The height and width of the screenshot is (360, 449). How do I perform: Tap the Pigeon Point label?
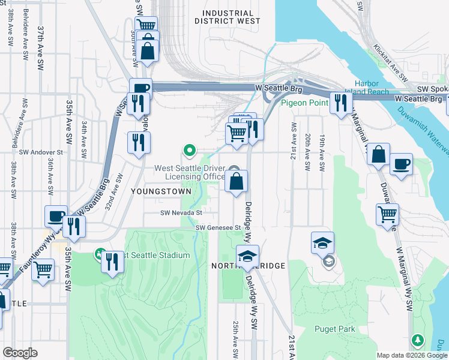[304, 103]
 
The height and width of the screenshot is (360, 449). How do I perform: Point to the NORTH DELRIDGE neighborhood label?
[247, 265]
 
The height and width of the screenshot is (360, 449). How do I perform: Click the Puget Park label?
[334, 329]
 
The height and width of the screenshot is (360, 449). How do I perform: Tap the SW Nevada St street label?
[181, 212]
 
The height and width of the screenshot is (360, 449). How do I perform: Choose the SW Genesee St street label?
[218, 228]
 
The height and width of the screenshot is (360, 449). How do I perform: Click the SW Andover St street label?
[41, 152]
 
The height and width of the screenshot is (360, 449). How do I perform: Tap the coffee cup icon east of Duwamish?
[401, 164]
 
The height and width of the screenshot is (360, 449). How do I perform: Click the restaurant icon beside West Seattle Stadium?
[112, 262]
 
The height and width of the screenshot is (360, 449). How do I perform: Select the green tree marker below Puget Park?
[418, 341]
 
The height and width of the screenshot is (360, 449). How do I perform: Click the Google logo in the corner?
[20, 353]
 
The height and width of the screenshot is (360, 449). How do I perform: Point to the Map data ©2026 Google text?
[411, 355]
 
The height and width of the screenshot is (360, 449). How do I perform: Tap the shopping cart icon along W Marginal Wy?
[387, 214]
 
